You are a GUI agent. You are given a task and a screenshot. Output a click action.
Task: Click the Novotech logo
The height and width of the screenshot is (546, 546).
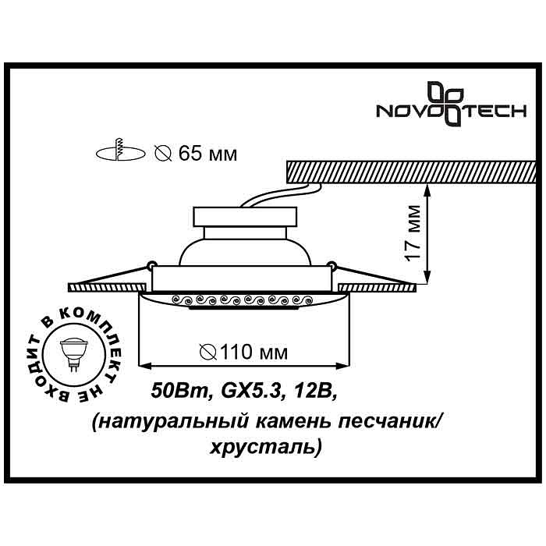[451, 104]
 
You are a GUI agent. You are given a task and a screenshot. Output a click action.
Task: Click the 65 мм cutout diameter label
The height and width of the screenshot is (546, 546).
[197, 154]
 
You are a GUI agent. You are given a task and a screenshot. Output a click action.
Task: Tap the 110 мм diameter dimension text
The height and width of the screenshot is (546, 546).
[243, 352]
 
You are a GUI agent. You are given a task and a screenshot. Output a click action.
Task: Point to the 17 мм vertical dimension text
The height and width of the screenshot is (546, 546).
[413, 232]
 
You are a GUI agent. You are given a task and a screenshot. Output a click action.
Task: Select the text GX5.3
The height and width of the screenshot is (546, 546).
[250, 392]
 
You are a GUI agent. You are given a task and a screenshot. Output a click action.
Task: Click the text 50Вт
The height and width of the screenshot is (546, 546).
[179, 392]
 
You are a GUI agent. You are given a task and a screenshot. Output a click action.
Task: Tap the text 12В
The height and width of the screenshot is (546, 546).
[315, 392]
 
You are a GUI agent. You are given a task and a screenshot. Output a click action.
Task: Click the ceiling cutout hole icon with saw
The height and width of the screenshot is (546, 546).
[120, 152]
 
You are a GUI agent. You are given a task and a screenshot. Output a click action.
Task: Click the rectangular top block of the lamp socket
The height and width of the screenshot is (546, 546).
[245, 218]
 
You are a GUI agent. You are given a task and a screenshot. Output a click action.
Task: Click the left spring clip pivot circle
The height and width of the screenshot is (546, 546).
[151, 265]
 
